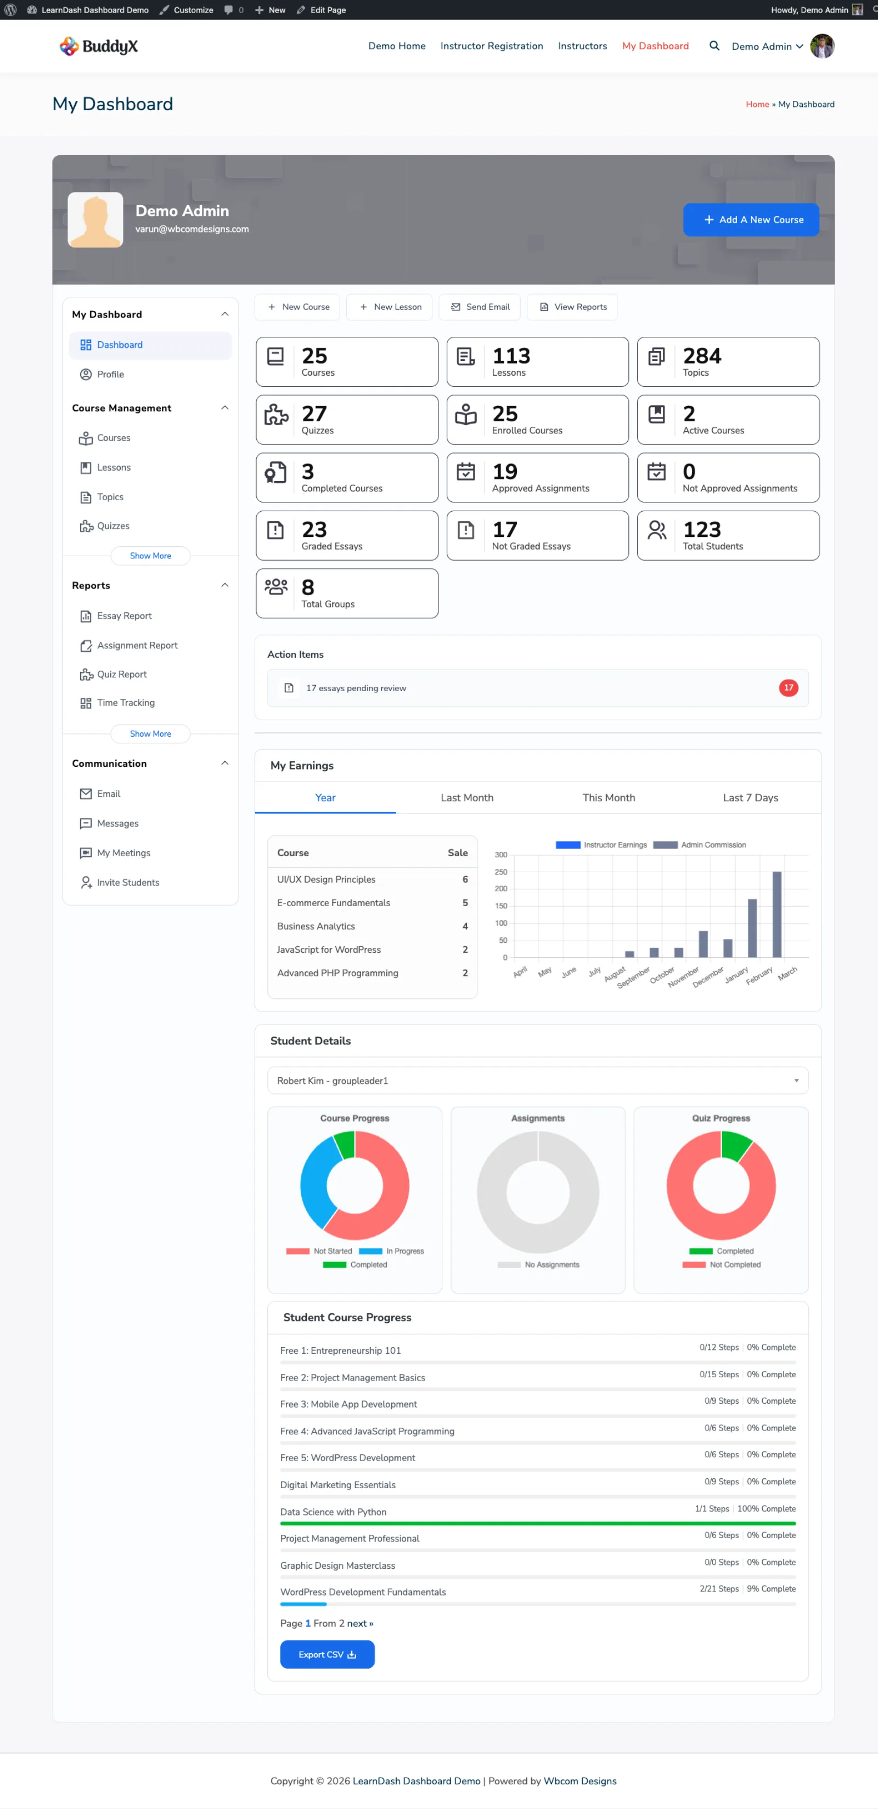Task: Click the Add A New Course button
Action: coord(751,220)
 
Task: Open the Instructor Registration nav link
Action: coord(492,46)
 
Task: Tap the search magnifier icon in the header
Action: coord(714,46)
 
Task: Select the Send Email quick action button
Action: coord(480,307)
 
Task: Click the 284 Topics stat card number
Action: coord(702,356)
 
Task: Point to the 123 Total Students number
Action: coord(702,529)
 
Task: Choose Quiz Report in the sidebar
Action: coord(121,674)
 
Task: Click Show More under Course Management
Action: coord(150,556)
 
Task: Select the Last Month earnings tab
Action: coord(467,798)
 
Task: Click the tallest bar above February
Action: coord(777,914)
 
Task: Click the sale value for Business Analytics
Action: coord(465,926)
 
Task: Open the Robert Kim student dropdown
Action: coord(538,1081)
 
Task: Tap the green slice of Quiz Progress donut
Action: coord(735,1145)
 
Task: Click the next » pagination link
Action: coord(361,1624)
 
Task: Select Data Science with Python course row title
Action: coord(333,1512)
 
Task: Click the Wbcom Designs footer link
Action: coord(580,1781)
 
